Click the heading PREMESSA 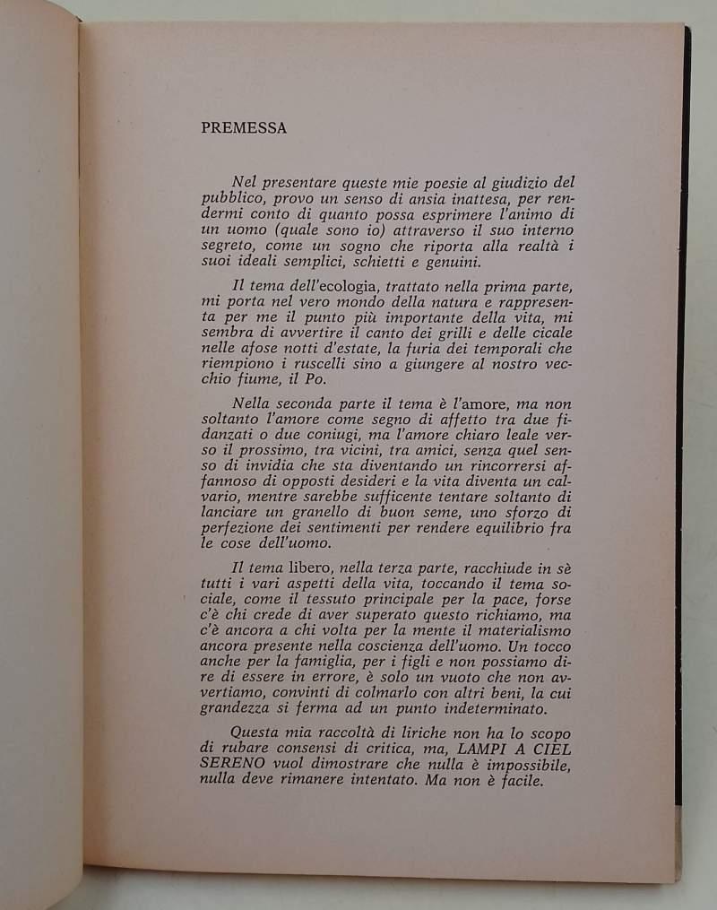(245, 127)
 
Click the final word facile (540, 788)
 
